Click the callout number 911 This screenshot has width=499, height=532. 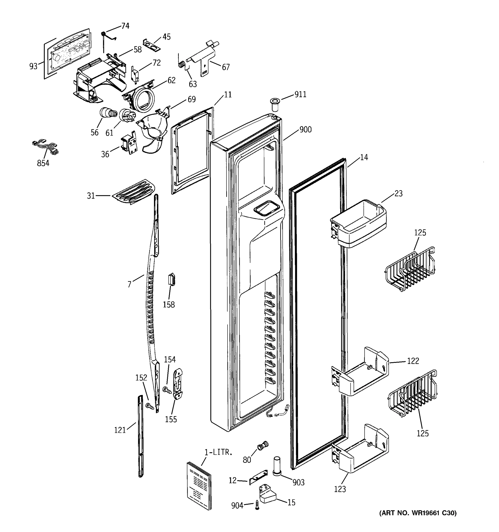300,94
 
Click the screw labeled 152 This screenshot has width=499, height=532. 150,407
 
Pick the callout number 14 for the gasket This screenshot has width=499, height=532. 364,157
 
